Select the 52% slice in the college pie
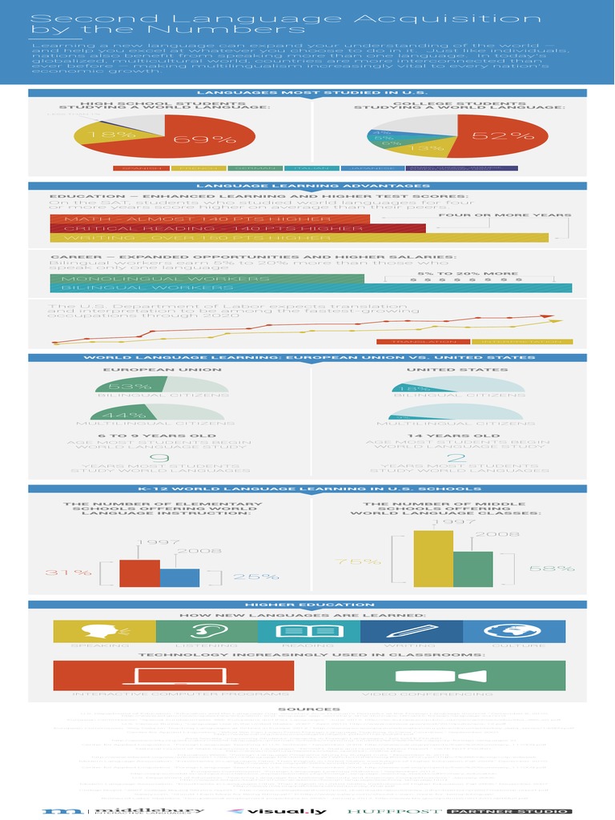496,136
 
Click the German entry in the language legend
253,169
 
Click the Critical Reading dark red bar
237,228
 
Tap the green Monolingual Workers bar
207,279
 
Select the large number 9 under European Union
160,457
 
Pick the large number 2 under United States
456,457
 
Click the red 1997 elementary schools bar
139,573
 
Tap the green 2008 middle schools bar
472,569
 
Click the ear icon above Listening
207,630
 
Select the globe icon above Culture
514,630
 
